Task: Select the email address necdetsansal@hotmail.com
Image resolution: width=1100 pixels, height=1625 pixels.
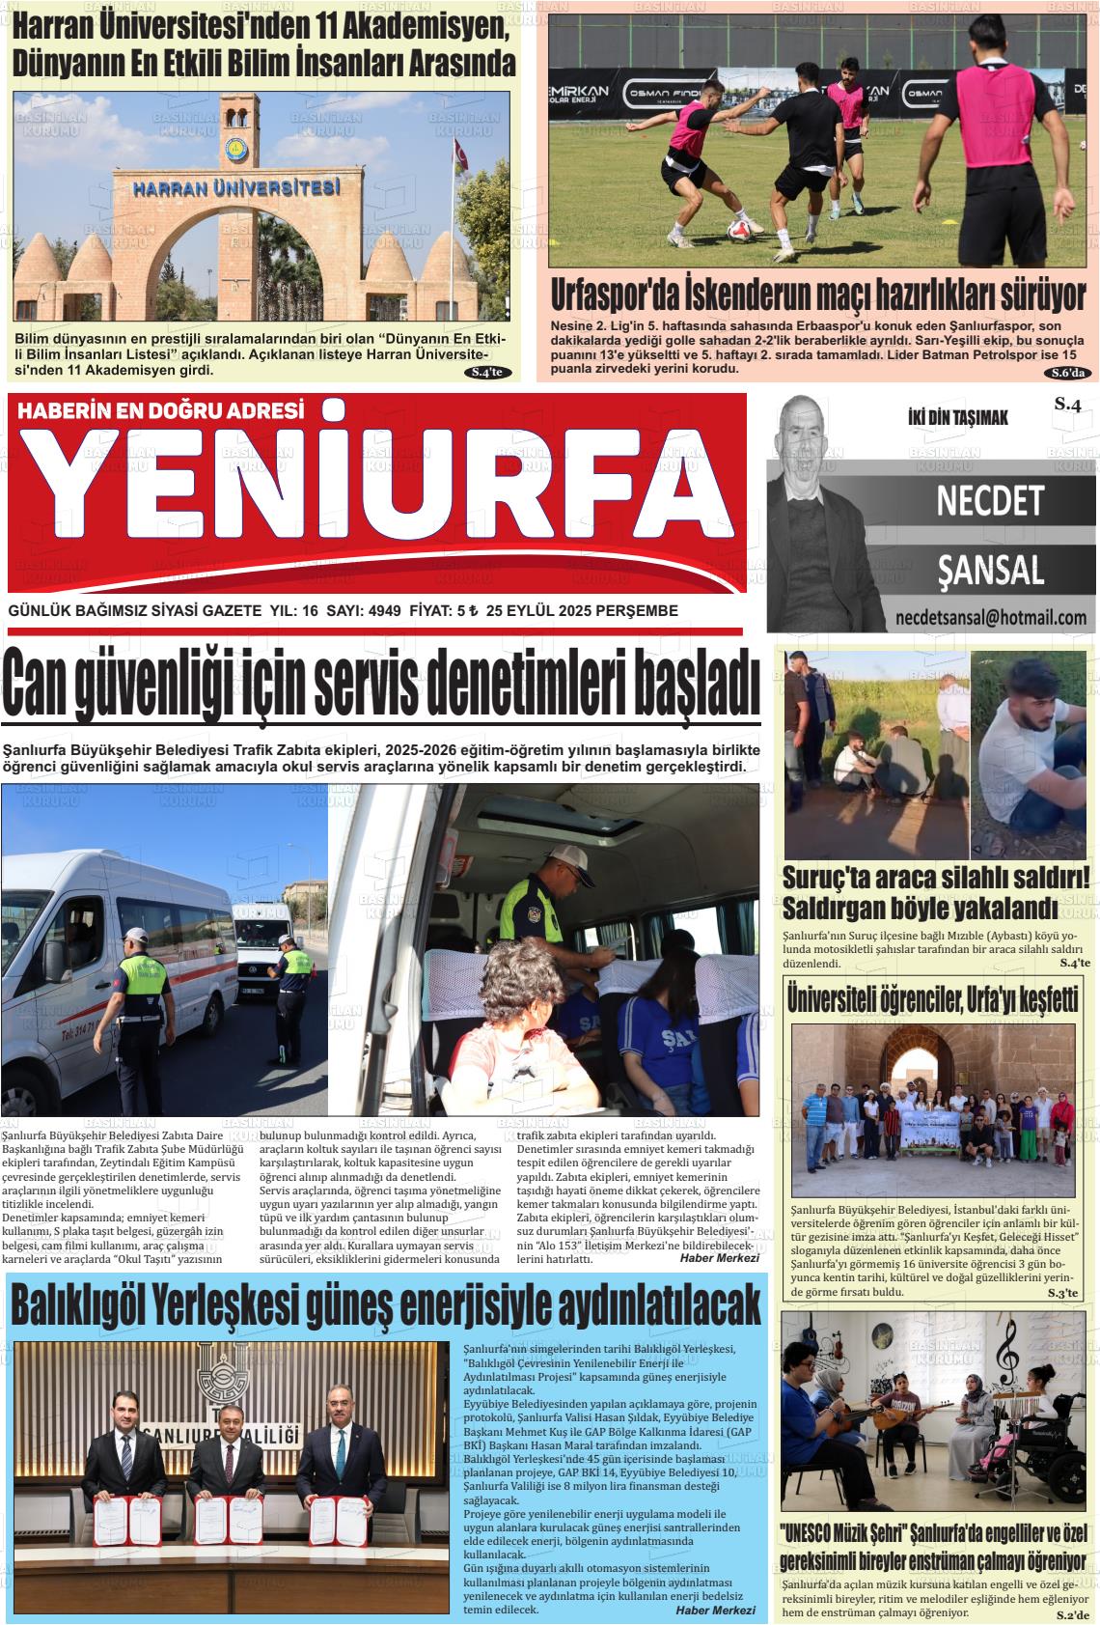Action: pyautogui.click(x=990, y=618)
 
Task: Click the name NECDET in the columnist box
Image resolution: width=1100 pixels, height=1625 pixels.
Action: pyautogui.click(x=990, y=500)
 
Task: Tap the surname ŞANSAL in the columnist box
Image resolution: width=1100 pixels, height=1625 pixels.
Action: pyautogui.click(x=990, y=571)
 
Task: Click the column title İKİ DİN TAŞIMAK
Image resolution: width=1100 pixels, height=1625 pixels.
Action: pyautogui.click(x=957, y=418)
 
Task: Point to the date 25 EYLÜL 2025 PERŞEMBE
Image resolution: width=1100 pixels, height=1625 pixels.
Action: pyautogui.click(x=583, y=611)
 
